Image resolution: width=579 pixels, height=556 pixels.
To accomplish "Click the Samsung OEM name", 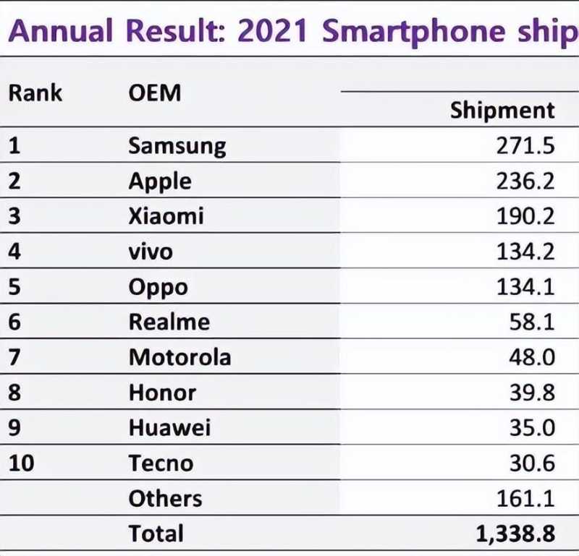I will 177,147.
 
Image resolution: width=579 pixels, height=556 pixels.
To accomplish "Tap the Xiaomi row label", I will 166,216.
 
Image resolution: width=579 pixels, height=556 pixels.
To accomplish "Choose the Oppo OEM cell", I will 158,287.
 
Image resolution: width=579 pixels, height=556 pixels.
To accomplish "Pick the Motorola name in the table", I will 180,357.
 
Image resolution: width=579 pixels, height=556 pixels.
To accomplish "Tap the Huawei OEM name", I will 170,427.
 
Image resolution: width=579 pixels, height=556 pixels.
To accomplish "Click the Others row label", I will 165,498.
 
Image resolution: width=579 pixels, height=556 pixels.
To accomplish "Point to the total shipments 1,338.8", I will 515,534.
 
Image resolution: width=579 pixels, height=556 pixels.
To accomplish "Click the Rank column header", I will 35,93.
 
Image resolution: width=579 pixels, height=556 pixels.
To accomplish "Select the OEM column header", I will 154,93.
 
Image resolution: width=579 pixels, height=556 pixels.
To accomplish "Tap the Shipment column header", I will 502,111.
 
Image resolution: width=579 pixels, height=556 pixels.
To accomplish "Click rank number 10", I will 22,463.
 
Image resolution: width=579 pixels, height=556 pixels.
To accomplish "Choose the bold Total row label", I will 156,534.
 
